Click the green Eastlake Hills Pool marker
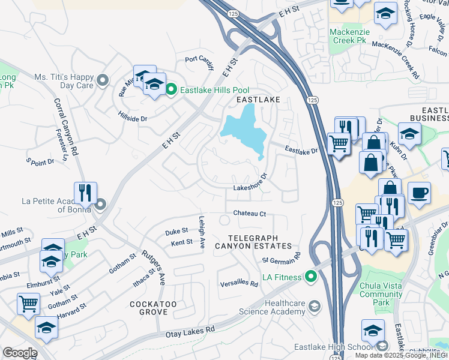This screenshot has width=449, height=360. coord(171,90)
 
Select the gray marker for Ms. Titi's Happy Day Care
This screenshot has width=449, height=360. coord(103,80)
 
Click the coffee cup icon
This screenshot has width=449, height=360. coord(419,193)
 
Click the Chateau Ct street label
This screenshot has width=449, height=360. coord(249,214)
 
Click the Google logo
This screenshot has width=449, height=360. coord(19,352)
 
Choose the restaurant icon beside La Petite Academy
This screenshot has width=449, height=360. coord(85,193)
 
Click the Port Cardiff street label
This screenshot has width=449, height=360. coord(199,62)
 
